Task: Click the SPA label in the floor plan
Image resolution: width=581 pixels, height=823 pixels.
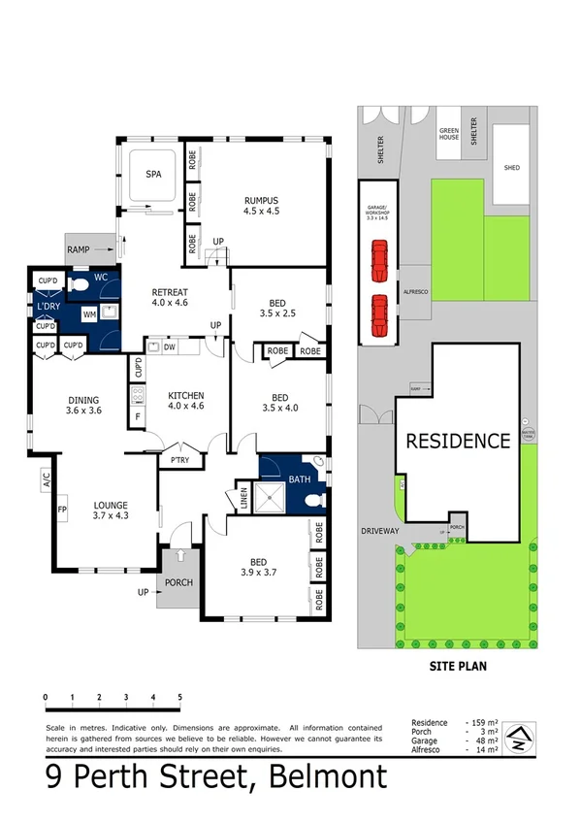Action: pyautogui.click(x=153, y=176)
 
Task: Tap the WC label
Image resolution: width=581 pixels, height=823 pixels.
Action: pyautogui.click(x=100, y=277)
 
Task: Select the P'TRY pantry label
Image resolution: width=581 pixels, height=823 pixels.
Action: pyautogui.click(x=179, y=460)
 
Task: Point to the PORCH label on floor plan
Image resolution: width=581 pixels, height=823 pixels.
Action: pyautogui.click(x=178, y=583)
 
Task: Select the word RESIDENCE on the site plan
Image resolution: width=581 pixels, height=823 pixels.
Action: pyautogui.click(x=457, y=441)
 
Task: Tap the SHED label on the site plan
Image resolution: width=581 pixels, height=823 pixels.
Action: pyautogui.click(x=511, y=168)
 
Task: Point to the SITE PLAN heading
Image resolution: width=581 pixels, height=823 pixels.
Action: pyautogui.click(x=457, y=667)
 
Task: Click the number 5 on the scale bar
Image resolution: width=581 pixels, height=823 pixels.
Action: pyautogui.click(x=179, y=697)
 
